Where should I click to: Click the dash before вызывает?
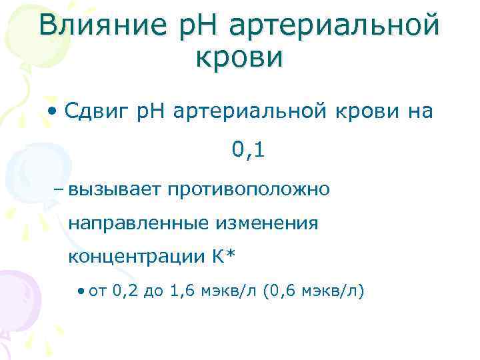coord(58,189)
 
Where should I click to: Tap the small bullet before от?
coord(81,291)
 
